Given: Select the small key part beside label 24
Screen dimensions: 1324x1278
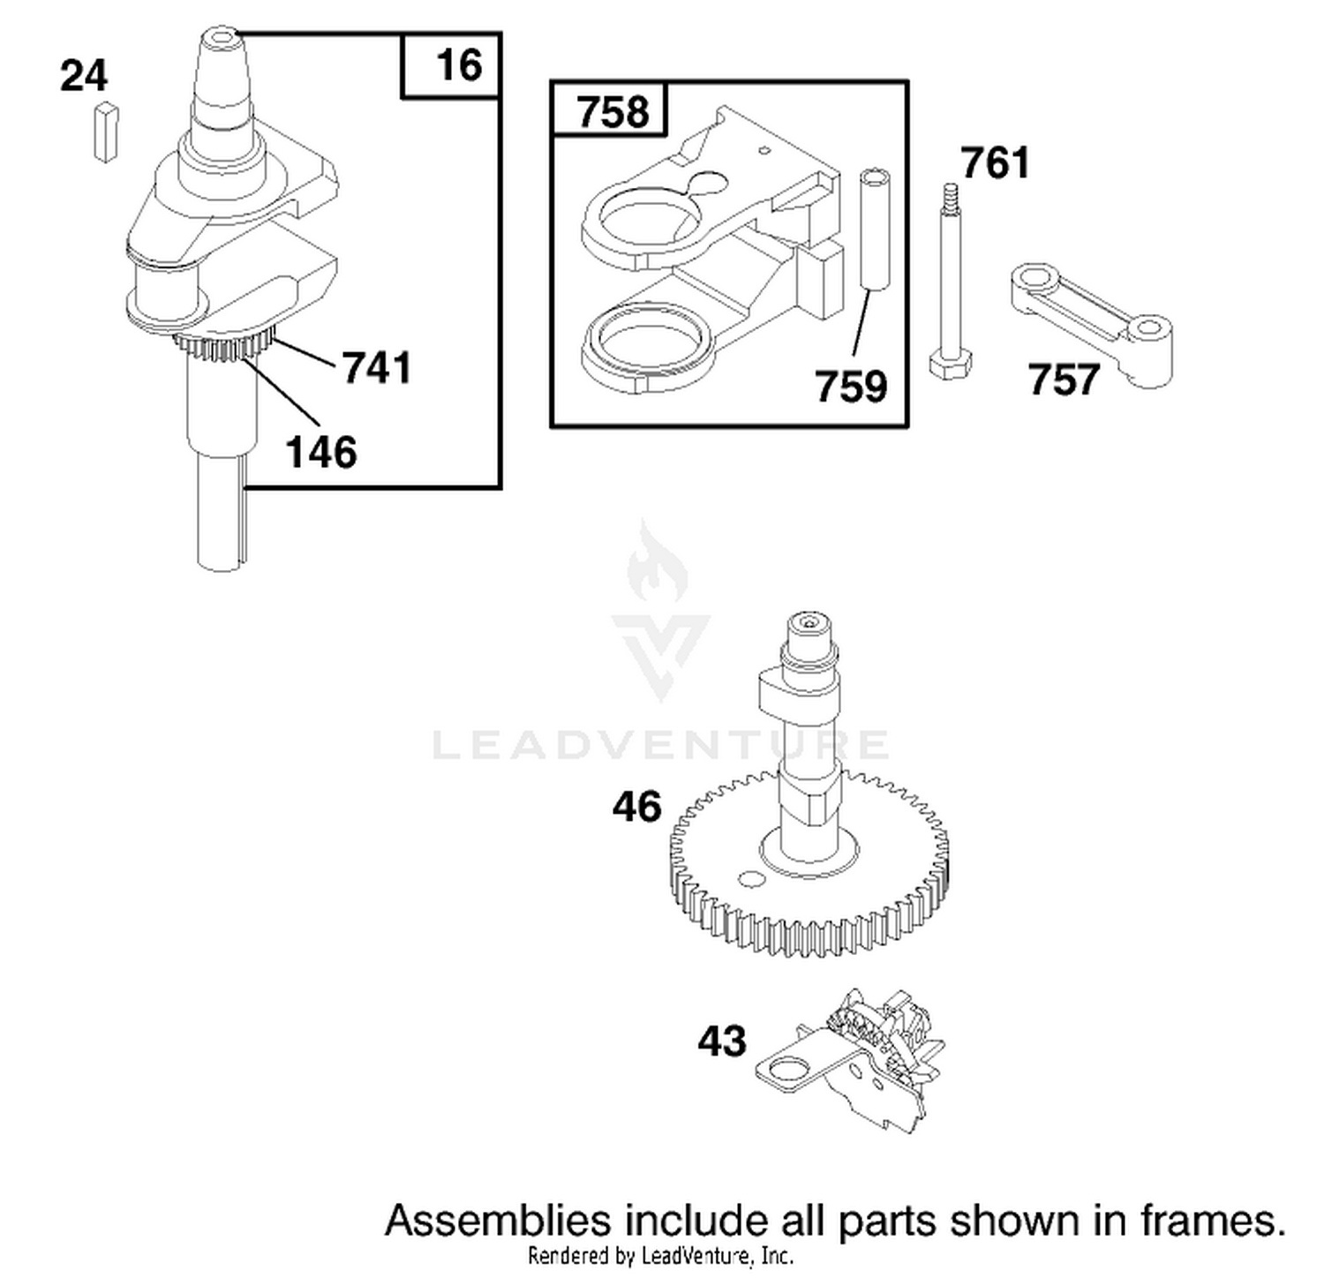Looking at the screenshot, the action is (x=106, y=132).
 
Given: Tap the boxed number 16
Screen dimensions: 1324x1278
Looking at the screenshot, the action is (x=459, y=65).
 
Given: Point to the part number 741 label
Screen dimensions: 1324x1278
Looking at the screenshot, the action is (x=377, y=368).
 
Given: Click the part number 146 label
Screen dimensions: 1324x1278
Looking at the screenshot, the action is (x=321, y=452).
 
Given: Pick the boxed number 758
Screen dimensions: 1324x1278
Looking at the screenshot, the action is (x=613, y=112).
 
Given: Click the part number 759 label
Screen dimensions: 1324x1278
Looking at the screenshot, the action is (x=851, y=387).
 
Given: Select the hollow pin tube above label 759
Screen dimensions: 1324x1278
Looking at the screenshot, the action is (x=876, y=229).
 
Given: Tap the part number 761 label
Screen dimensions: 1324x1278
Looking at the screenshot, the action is (x=995, y=163).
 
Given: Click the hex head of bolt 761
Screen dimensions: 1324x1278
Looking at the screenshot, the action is (x=951, y=364).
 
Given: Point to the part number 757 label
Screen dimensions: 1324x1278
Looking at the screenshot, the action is (x=1064, y=380).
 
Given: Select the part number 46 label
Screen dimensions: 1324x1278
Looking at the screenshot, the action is (x=636, y=807).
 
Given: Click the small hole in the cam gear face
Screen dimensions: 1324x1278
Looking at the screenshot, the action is (x=751, y=879).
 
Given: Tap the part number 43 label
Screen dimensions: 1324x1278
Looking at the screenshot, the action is (x=722, y=1041).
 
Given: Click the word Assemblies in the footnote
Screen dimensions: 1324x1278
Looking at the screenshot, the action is (x=498, y=1222).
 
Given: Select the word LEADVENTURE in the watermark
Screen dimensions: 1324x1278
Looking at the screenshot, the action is (x=660, y=745).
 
